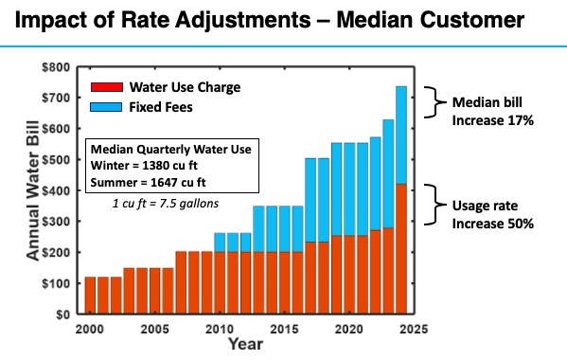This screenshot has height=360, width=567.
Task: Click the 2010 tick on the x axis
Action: [x=219, y=327]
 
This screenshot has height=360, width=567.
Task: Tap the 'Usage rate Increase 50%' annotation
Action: [x=493, y=214]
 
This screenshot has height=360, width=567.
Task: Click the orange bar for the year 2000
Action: [x=91, y=295]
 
